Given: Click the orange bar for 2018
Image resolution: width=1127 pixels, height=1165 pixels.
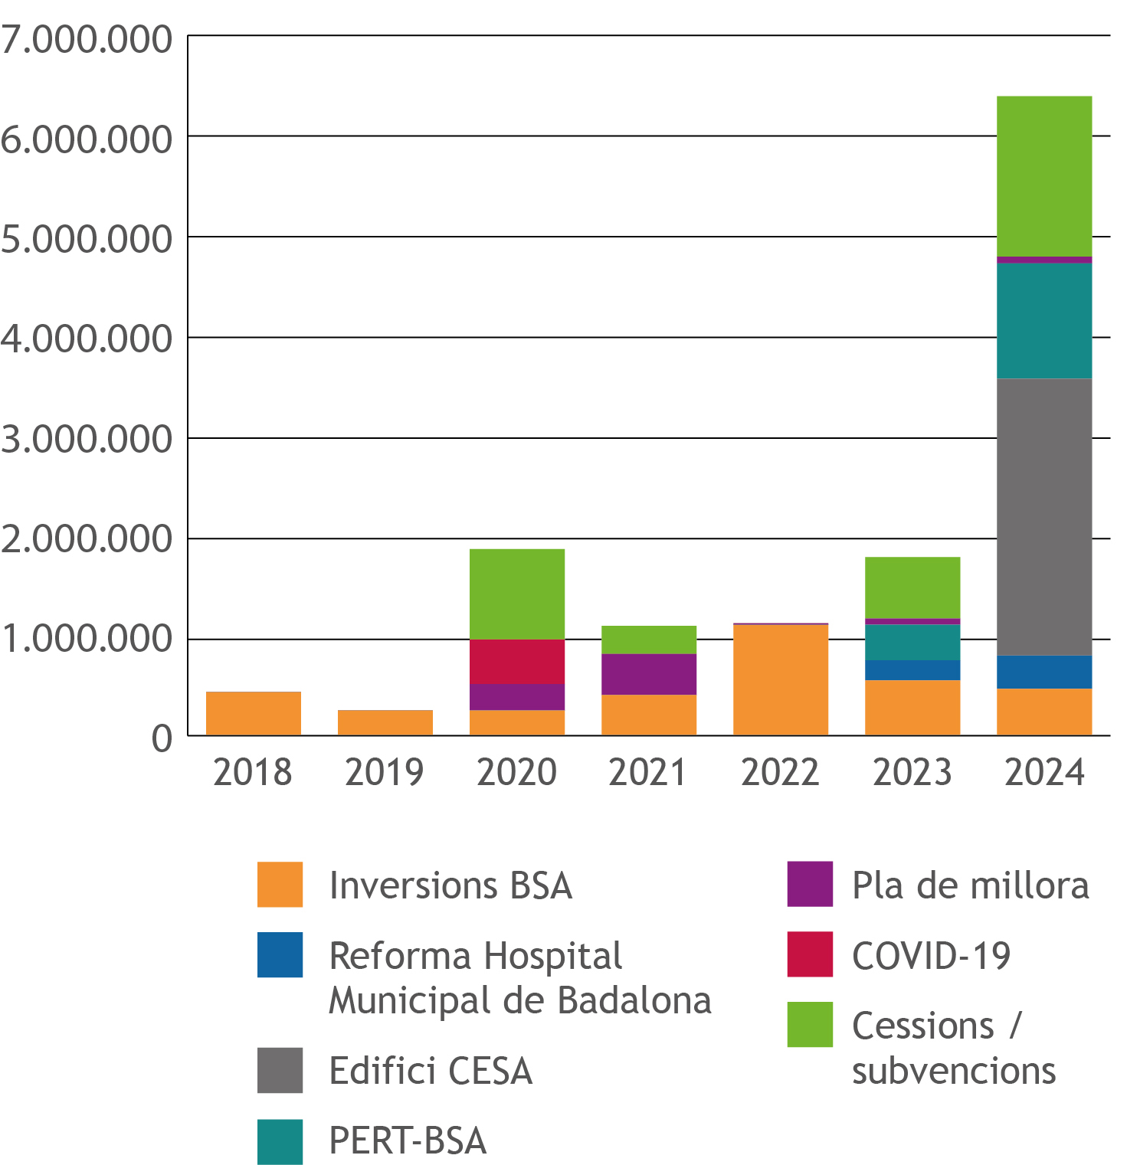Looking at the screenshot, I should coord(254,713).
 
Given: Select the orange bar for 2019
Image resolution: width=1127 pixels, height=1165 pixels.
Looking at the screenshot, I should coord(385,722).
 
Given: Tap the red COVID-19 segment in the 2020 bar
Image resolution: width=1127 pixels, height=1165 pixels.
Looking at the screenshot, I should coord(517,661).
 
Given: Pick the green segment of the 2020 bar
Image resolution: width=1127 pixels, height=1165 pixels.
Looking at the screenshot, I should coord(517,594).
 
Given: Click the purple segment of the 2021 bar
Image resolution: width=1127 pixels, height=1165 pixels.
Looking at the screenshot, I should coord(649,673).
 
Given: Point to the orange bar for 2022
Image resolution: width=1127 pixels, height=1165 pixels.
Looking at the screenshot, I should coord(781,680).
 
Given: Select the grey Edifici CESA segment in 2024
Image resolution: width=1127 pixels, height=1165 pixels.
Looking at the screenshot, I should coord(1044,516).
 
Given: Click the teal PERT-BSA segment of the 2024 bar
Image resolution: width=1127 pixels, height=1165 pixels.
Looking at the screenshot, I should coord(1044,320).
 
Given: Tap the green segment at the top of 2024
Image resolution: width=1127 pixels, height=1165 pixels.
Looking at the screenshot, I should coord(1044,176).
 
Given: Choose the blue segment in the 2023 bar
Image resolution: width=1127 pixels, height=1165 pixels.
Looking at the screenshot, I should coord(912,669).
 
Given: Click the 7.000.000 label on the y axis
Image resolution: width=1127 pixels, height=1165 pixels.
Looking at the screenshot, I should coord(87,40).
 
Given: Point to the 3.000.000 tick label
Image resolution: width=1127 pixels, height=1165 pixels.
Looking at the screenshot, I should coord(87,440).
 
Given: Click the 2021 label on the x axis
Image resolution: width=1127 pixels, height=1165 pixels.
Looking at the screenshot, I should coord(648,772).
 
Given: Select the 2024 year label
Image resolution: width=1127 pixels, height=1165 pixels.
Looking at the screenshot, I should coord(1044,772).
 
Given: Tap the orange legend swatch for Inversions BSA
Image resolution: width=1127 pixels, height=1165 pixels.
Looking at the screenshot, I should coord(280,885).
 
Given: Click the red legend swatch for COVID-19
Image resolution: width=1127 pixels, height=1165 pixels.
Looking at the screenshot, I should coord(810,954).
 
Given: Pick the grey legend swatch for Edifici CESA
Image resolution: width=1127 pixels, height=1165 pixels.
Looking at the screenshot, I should coord(280,1070).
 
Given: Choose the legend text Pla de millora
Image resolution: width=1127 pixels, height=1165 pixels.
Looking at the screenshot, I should coord(970,885).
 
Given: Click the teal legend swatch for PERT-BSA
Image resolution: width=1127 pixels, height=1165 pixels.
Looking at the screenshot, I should coord(280,1141).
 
